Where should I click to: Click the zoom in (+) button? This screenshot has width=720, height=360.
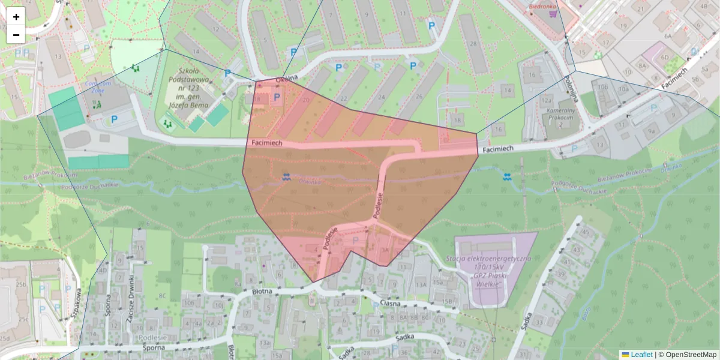pyautogui.click(x=16, y=16)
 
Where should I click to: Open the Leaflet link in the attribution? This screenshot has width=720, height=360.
pyautogui.click(x=641, y=355)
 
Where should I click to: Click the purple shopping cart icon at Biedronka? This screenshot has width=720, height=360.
pyautogui.click(x=553, y=13)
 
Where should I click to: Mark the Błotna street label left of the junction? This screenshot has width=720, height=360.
pyautogui.click(x=263, y=291)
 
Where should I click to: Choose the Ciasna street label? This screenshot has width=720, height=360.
pyautogui.click(x=389, y=303)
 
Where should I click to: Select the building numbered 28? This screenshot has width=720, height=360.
pyautogui.click(x=473, y=44)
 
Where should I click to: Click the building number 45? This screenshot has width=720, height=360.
pyautogui.click(x=585, y=232)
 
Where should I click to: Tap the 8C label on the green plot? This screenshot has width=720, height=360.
pyautogui.click(x=163, y=296)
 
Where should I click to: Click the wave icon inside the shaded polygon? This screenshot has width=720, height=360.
pyautogui.click(x=286, y=176)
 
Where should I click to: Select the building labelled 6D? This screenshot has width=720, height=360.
pyautogui.click(x=664, y=58)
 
